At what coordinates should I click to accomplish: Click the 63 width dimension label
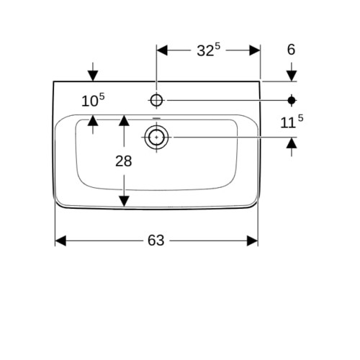click(156, 240)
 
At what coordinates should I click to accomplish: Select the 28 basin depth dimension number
click(124, 161)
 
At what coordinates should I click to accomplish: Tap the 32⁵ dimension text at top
click(208, 50)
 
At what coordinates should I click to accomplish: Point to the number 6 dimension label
click(291, 50)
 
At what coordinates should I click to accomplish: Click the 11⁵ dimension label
click(292, 122)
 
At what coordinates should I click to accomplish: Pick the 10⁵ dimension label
click(93, 100)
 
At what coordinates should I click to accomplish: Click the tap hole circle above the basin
click(156, 100)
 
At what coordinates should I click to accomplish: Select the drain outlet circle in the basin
click(156, 138)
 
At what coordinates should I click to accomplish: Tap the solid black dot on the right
click(292, 100)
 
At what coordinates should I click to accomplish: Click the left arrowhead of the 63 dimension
click(60, 240)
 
